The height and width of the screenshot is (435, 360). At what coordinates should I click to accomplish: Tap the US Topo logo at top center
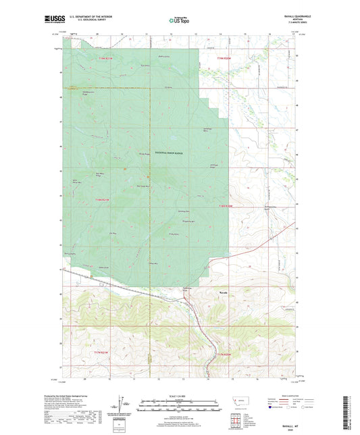click(x=179, y=21)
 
